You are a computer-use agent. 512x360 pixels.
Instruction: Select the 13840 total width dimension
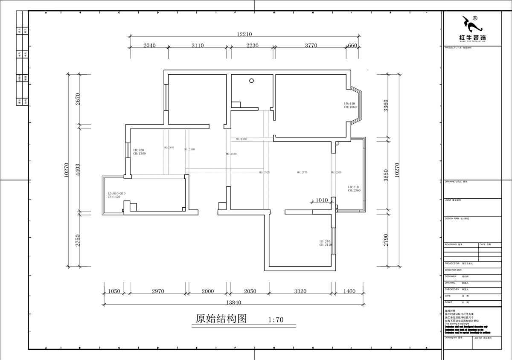click(x=234, y=302)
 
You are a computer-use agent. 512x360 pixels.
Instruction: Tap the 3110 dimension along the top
click(x=197, y=46)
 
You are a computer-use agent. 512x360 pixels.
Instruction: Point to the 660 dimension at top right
click(x=352, y=46)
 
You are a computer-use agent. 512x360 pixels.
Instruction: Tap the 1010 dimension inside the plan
click(x=322, y=200)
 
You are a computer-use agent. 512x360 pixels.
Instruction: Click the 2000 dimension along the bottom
click(x=208, y=291)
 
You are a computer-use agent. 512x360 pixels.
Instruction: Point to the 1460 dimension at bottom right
click(x=349, y=291)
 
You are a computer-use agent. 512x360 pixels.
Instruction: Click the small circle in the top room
click(x=252, y=80)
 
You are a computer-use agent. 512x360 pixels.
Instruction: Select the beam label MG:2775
click(x=302, y=173)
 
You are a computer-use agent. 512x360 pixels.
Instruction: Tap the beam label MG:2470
click(x=241, y=139)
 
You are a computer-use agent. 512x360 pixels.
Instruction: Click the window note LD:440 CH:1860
click(x=350, y=105)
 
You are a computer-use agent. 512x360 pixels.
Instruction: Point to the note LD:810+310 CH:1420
click(x=116, y=195)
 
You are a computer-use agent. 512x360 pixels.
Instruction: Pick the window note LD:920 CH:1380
click(x=140, y=152)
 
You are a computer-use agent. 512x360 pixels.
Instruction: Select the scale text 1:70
click(x=276, y=319)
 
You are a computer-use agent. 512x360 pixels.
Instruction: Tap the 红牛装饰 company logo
click(x=472, y=30)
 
